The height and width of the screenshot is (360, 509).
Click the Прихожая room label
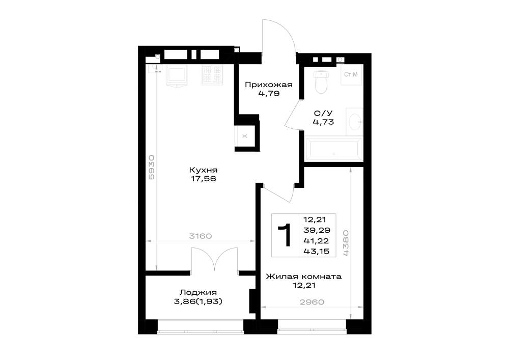click(268, 85)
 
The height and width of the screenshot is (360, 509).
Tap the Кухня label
click(203, 170)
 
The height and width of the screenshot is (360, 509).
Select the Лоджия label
click(198, 292)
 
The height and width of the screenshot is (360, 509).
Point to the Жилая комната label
click(303, 276)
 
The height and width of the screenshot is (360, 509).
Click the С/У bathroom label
click(323, 113)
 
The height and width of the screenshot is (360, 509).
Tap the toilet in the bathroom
click(321, 81)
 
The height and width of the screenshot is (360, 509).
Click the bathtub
click(334, 149)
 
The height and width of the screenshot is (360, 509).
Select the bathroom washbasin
click(355, 122)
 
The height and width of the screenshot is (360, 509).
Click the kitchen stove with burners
click(212, 75)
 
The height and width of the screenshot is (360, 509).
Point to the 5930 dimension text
click(152, 168)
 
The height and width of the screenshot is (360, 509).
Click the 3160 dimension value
click(200, 236)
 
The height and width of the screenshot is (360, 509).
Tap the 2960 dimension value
click(312, 302)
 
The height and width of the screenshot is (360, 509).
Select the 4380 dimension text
click(346, 243)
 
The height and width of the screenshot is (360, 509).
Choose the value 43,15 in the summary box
click(317, 251)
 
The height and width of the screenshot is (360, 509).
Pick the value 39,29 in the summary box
click(317, 230)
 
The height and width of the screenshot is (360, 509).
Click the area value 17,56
click(203, 179)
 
